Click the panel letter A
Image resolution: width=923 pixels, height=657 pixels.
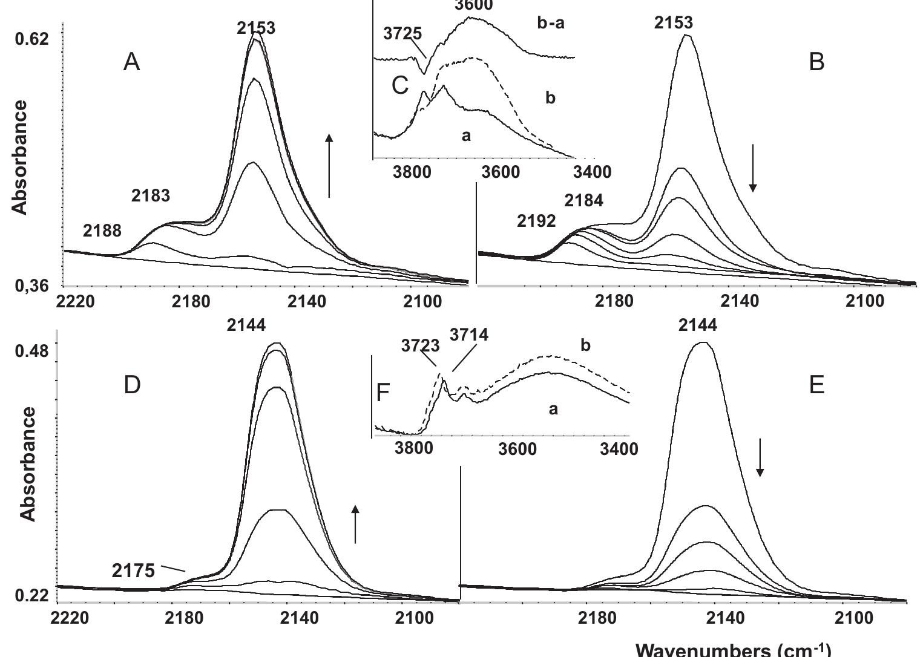(x=132, y=62)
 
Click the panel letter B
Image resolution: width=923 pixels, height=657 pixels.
(x=816, y=62)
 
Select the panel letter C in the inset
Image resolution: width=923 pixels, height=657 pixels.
(x=401, y=86)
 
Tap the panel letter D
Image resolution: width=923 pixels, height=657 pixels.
(x=132, y=385)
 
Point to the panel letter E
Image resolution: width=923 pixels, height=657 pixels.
(x=816, y=385)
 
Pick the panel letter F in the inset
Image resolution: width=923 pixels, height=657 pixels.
(x=384, y=393)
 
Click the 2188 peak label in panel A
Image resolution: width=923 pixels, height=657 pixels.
(x=102, y=230)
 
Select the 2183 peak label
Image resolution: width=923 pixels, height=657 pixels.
(x=151, y=195)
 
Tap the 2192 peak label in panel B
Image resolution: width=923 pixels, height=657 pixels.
(x=536, y=221)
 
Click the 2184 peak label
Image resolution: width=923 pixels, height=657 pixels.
(x=584, y=200)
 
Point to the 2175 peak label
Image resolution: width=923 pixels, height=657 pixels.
(x=134, y=570)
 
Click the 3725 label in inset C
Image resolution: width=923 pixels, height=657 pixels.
(x=402, y=33)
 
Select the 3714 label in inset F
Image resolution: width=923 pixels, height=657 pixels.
(x=469, y=334)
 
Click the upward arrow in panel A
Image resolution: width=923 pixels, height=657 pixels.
(x=329, y=166)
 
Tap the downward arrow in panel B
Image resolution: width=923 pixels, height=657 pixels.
(x=753, y=168)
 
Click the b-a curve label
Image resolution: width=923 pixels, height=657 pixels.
(x=550, y=24)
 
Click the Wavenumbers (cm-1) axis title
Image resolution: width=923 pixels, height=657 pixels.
(x=734, y=650)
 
